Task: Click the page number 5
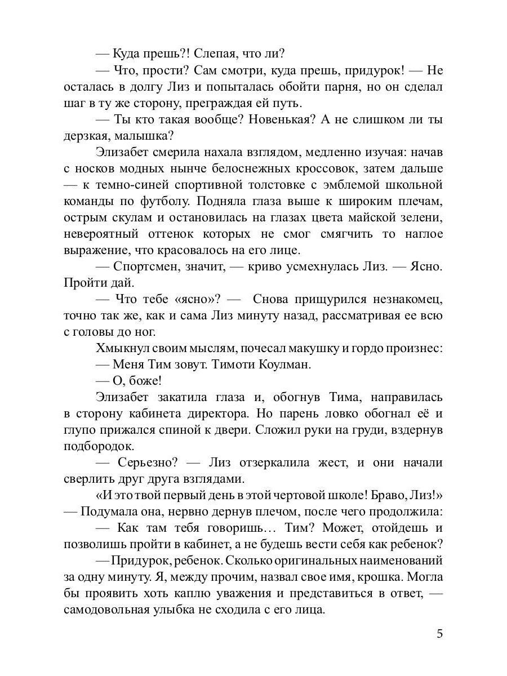pyautogui.click(x=439, y=634)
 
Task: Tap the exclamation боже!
pyautogui.click(x=136, y=380)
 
